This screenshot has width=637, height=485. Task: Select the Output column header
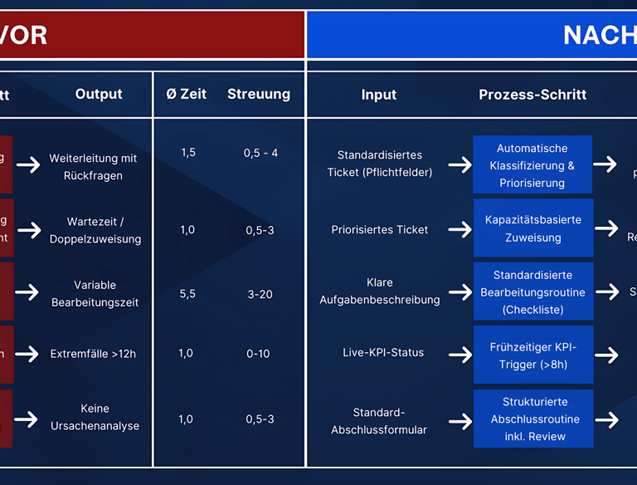tap(99, 95)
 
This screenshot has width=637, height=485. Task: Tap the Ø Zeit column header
tap(186, 95)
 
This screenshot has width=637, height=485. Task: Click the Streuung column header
tap(259, 95)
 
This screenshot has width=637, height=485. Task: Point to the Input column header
tap(379, 95)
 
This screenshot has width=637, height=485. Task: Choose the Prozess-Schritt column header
tap(532, 95)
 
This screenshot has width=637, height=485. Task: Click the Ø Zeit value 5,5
tap(187, 294)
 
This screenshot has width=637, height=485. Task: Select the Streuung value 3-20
tap(260, 294)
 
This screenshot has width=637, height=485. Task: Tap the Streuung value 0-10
tap(258, 354)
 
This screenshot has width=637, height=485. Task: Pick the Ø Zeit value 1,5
tap(188, 153)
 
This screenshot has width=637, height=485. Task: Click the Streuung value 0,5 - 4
tap(260, 153)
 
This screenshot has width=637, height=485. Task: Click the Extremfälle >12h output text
tap(93, 354)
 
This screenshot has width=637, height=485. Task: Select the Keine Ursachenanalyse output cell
tap(95, 418)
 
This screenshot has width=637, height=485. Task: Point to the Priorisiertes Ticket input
tap(380, 229)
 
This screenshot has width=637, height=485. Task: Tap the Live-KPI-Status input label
tap(383, 353)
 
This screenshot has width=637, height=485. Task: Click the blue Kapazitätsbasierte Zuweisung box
tap(533, 228)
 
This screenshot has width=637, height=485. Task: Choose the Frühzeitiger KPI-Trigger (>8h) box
tap(533, 355)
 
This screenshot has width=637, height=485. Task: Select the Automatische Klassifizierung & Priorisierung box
tap(532, 165)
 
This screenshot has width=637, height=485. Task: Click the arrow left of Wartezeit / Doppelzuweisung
tap(29, 230)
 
